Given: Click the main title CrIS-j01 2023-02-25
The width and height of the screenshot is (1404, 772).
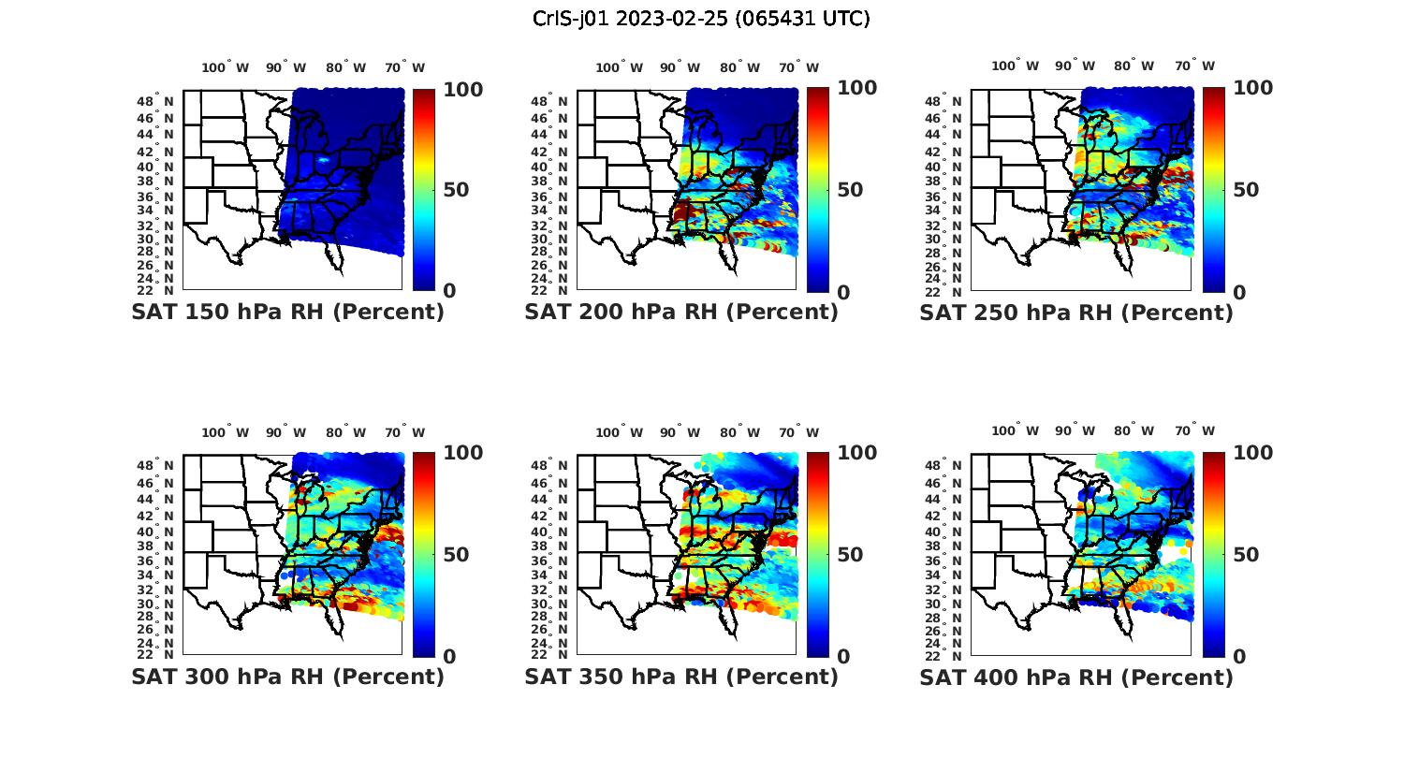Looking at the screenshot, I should (x=701, y=18).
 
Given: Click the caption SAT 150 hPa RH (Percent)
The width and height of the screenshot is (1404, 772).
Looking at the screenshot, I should (x=287, y=312).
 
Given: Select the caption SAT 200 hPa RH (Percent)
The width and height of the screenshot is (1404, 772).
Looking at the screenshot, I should (x=681, y=312).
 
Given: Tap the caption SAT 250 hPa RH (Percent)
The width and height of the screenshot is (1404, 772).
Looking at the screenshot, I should (x=1076, y=312).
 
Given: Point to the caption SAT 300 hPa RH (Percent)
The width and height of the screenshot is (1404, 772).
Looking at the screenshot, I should (x=287, y=676).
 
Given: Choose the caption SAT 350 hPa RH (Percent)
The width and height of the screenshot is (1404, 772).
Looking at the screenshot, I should (x=681, y=676).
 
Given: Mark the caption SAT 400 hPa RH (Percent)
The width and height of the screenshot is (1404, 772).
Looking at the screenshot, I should (x=1076, y=676).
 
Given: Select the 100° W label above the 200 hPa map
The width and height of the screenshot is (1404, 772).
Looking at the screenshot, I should (x=619, y=67).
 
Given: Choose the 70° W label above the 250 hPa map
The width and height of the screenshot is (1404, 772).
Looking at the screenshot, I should (x=1194, y=66).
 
